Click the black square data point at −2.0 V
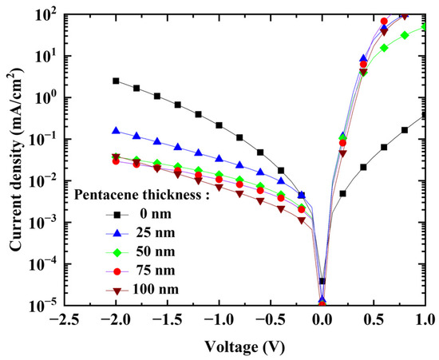[116, 81]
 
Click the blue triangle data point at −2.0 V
[116, 130]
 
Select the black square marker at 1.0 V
[425, 115]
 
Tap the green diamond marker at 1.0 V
[425, 26]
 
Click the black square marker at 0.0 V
[322, 281]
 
